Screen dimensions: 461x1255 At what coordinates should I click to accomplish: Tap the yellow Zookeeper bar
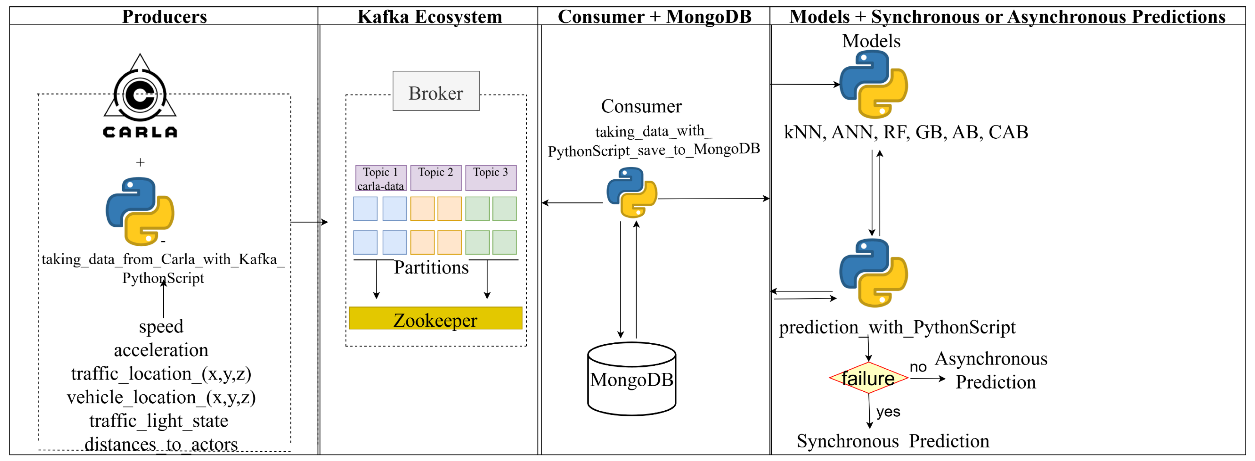pyautogui.click(x=435, y=318)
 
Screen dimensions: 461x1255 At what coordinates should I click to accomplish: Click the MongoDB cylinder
pyautogui.click(x=631, y=379)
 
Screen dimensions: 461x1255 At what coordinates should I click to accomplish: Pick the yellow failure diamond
pyautogui.click(x=868, y=378)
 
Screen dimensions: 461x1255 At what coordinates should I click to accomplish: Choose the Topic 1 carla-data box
pyautogui.click(x=381, y=178)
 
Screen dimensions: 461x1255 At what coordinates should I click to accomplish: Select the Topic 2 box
pyautogui.click(x=435, y=178)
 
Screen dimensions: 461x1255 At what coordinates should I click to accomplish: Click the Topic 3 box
pyautogui.click(x=491, y=178)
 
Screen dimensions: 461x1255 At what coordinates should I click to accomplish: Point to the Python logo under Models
pyautogui.click(x=873, y=84)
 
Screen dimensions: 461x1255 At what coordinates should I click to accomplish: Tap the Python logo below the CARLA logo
pyautogui.click(x=140, y=211)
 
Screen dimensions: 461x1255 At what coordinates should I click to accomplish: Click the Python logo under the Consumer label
pyautogui.click(x=631, y=192)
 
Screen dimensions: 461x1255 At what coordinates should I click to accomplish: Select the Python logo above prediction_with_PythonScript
pyautogui.click(x=873, y=273)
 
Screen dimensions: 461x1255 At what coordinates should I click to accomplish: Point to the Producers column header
pyautogui.click(x=164, y=17)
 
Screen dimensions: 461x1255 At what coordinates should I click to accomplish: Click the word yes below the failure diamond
pyautogui.click(x=888, y=412)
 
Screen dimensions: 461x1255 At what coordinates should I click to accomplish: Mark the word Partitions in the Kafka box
pyautogui.click(x=431, y=267)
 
